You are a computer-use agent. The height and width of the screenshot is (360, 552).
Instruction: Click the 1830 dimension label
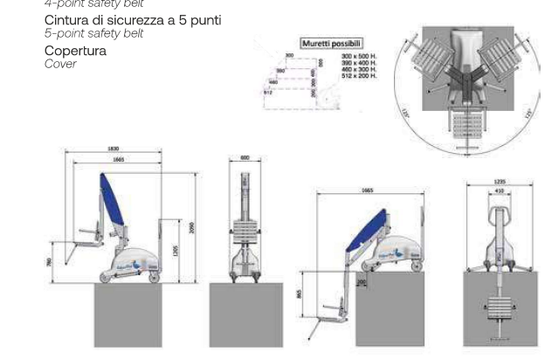(x=113, y=149)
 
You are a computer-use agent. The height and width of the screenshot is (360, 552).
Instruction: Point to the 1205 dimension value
(x=176, y=251)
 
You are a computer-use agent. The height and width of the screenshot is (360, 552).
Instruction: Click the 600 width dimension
(x=245, y=157)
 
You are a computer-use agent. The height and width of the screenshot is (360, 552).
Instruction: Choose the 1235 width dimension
(x=500, y=182)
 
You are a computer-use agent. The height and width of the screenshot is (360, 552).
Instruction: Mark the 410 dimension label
(x=500, y=190)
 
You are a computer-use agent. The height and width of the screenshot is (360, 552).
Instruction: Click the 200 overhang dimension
(x=361, y=282)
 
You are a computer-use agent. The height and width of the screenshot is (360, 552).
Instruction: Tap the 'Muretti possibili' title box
(x=331, y=43)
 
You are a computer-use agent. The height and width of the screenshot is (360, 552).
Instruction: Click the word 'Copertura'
(x=75, y=51)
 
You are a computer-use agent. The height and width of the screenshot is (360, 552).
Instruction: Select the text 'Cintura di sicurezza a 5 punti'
(x=132, y=20)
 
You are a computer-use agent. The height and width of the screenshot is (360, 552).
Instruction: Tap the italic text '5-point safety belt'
(x=93, y=33)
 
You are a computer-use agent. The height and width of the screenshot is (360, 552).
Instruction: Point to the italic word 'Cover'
(x=59, y=63)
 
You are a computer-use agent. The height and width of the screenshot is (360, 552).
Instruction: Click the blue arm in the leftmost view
(x=111, y=202)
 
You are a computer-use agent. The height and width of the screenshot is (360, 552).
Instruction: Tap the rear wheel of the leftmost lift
(x=155, y=279)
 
